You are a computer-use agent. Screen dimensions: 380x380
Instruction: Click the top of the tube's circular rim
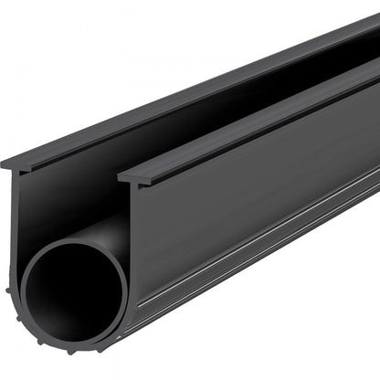coord(73,244)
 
